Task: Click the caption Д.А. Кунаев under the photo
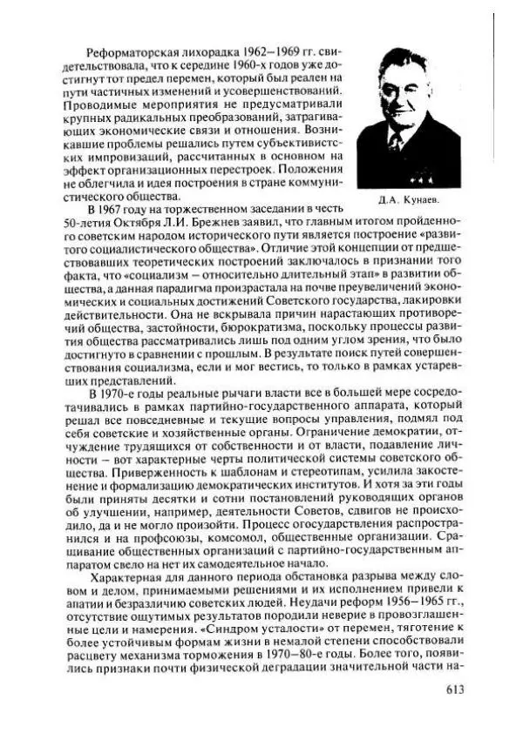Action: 409,200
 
